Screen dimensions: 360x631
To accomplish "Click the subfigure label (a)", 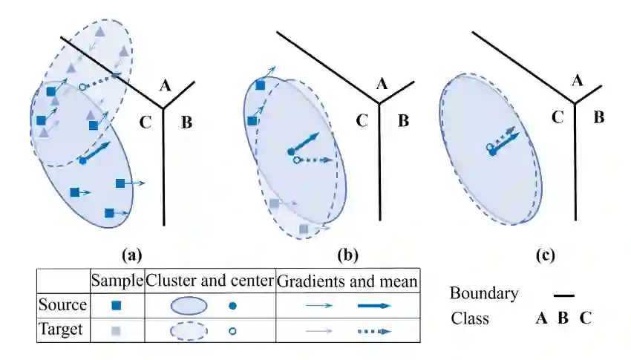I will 131,256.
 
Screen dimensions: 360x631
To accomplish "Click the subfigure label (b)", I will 348,256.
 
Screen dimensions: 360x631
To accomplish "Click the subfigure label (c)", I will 545,256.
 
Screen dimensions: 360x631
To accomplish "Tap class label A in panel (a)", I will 166,87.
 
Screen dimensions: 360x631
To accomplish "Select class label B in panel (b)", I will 403,120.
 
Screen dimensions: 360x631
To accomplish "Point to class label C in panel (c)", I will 558,117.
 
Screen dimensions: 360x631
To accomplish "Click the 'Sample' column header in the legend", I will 117,281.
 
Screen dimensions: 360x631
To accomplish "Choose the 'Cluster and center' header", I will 209,281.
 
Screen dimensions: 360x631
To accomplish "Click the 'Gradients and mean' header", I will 347,281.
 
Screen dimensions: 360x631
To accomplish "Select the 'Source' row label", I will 63,305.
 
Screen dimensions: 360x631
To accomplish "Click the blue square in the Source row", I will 117,306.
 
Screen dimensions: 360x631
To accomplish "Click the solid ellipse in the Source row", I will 189,306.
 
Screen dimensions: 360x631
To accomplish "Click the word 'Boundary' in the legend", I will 484,293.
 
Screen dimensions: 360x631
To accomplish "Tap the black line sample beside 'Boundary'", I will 563,295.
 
